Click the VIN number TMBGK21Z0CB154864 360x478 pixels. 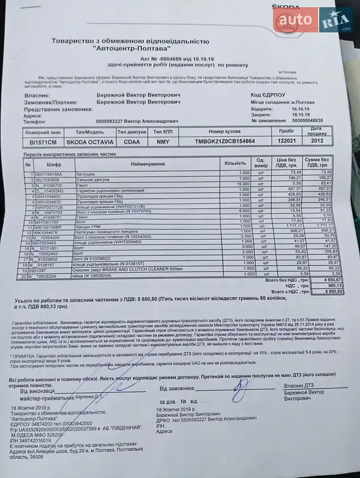tap(226, 141)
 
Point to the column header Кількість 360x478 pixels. tap(235, 163)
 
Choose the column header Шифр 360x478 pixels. tap(53, 163)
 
